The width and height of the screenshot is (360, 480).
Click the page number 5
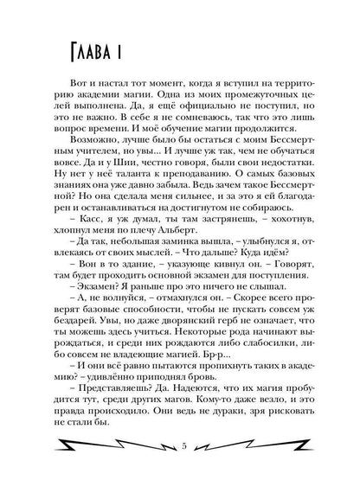pyautogui.click(x=179, y=447)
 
